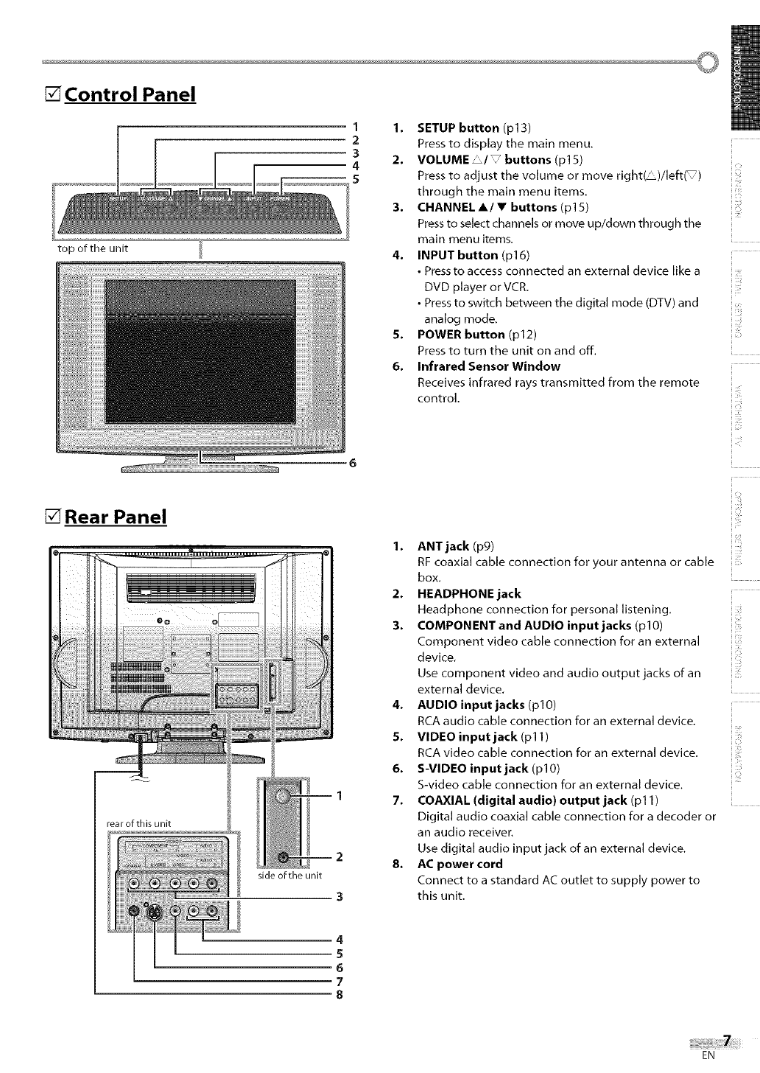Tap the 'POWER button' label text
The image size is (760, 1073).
(x=460, y=335)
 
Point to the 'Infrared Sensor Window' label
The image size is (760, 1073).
(x=488, y=366)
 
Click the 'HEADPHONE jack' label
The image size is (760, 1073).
(x=468, y=593)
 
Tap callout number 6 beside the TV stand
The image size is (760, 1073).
(x=353, y=464)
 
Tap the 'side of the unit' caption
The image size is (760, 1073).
(x=290, y=875)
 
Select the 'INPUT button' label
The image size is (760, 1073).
(x=457, y=255)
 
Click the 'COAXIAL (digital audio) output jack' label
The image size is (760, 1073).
(x=522, y=800)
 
